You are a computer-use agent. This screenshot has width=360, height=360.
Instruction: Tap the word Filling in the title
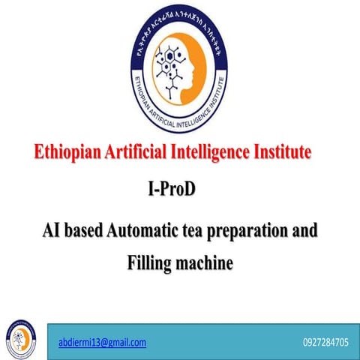(x=149, y=263)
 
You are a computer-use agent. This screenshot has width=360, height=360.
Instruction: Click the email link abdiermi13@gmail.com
(x=102, y=342)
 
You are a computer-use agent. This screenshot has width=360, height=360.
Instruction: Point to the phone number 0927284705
(x=325, y=342)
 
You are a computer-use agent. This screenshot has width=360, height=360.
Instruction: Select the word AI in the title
(x=50, y=229)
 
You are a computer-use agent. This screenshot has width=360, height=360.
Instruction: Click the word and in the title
(x=304, y=229)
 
